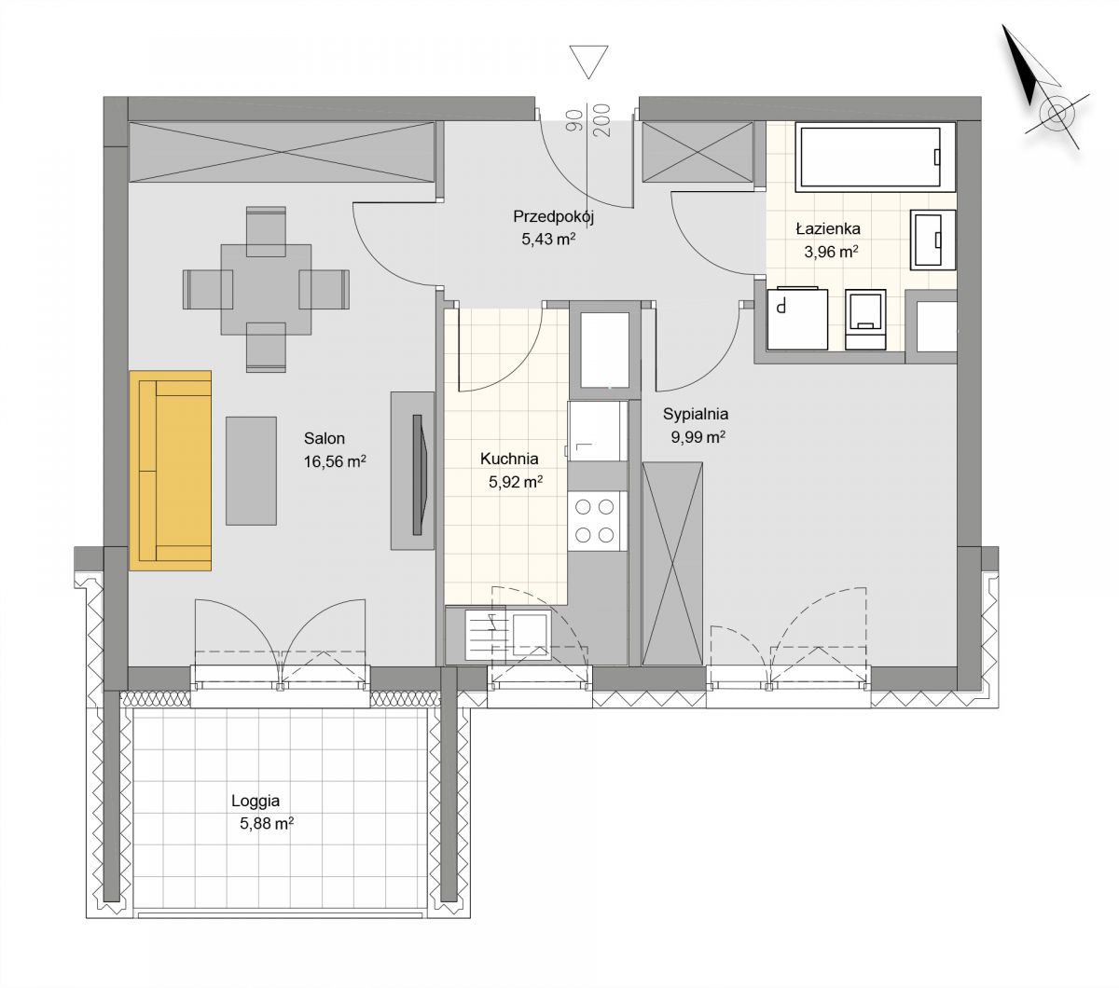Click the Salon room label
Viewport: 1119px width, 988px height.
325,438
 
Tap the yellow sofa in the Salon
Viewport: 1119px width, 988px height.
171,470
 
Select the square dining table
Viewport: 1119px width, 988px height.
266,289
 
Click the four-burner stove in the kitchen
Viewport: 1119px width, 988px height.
597,520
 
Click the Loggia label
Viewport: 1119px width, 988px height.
256,801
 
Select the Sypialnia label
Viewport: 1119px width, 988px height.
696,414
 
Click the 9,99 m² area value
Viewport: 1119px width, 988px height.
698,437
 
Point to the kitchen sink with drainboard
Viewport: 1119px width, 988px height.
508,635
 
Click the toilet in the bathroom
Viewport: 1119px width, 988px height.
865,320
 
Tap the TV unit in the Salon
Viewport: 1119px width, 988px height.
412,471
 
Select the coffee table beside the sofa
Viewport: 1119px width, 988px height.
251,471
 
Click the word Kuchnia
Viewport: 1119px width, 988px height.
509,459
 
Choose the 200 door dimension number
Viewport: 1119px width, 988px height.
603,120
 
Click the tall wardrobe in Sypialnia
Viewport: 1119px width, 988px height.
672,564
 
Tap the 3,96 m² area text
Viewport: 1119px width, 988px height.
831,253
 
